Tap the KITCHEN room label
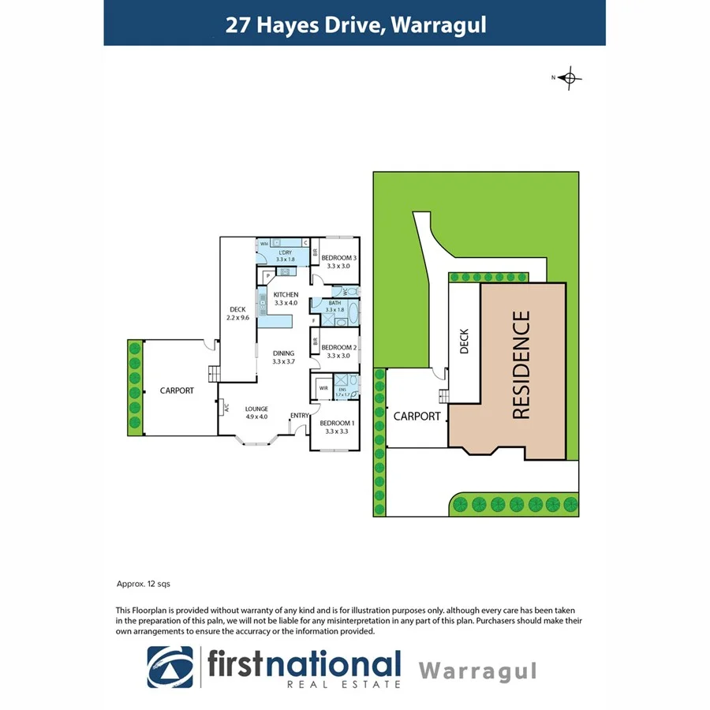click(x=286, y=298)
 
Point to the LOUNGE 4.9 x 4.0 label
click(x=256, y=412)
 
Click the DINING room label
click(x=282, y=357)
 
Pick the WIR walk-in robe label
click(x=323, y=388)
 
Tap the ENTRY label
click(x=299, y=416)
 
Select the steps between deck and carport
click(x=213, y=373)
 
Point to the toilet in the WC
click(x=351, y=292)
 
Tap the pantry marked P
click(x=268, y=275)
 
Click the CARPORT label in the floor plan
click(x=177, y=390)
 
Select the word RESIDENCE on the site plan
click(x=521, y=364)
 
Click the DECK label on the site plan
click(x=464, y=341)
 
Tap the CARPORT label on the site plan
click(x=417, y=416)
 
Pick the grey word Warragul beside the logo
click(x=477, y=671)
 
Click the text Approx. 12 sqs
click(x=143, y=585)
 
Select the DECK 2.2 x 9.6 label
click(x=237, y=313)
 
